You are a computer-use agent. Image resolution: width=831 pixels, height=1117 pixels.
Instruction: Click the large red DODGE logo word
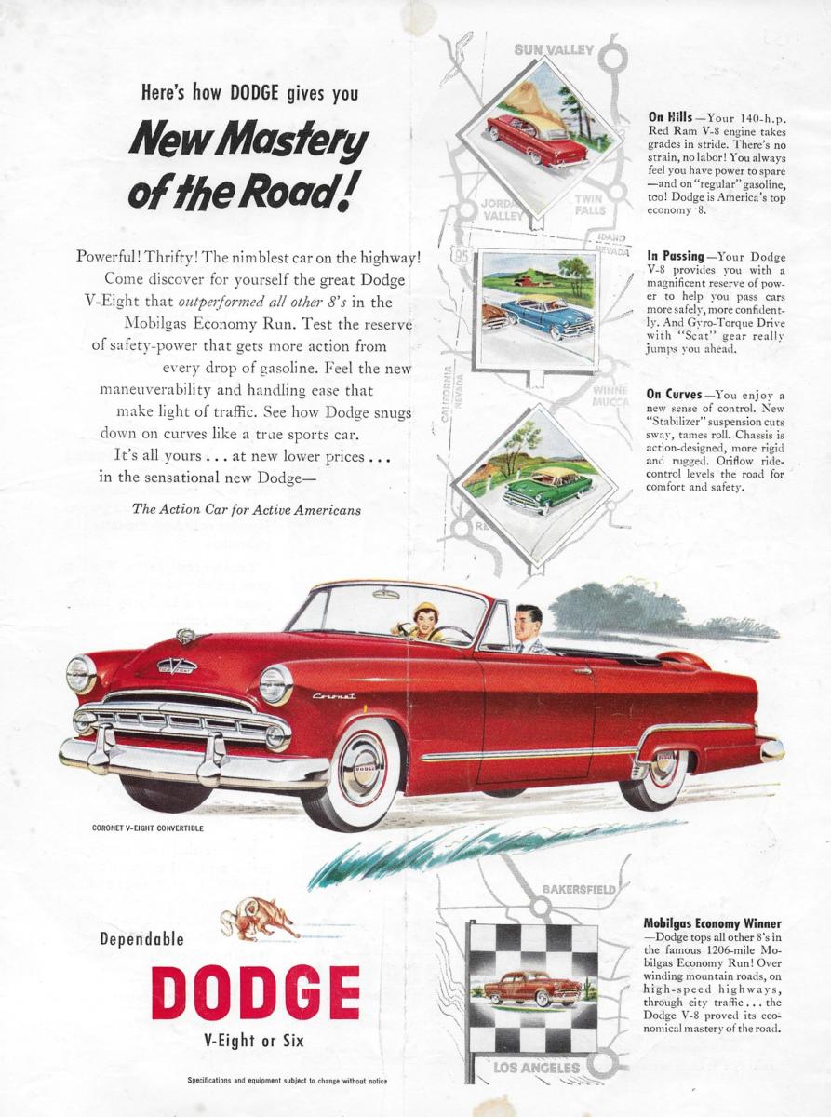coord(256,992)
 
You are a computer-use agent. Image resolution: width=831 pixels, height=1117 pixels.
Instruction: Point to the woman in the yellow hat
coord(426,621)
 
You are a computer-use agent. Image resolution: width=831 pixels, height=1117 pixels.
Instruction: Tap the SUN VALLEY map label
coord(554,50)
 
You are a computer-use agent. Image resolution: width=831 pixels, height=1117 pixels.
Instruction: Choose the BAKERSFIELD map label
coord(578,889)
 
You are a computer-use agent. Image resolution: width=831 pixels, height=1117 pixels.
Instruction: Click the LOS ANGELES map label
coord(536,1068)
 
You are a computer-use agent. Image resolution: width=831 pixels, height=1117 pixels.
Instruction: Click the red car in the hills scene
coord(535,140)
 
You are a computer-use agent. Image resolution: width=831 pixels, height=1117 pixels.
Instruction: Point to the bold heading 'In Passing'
coord(676,256)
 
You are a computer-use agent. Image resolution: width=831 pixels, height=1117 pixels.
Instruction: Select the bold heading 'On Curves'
coord(677,394)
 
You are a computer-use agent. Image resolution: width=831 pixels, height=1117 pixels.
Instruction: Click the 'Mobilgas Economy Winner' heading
coord(712,923)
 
